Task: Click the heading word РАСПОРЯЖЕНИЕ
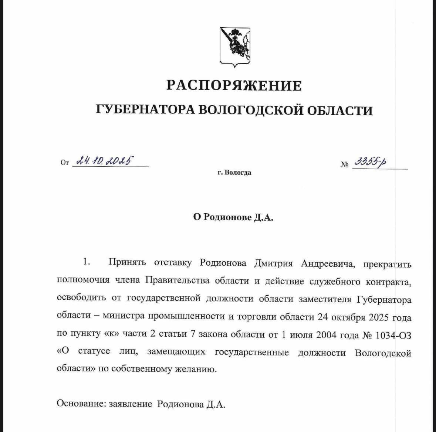pyautogui.click(x=234, y=85)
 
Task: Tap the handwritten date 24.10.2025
pyautogui.click(x=105, y=161)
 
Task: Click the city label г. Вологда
pyautogui.click(x=234, y=173)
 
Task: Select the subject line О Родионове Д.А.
pyautogui.click(x=233, y=217)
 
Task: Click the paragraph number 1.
pyautogui.click(x=87, y=262)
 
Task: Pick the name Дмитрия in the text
pyautogui.click(x=273, y=263)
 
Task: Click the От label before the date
pyautogui.click(x=65, y=163)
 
